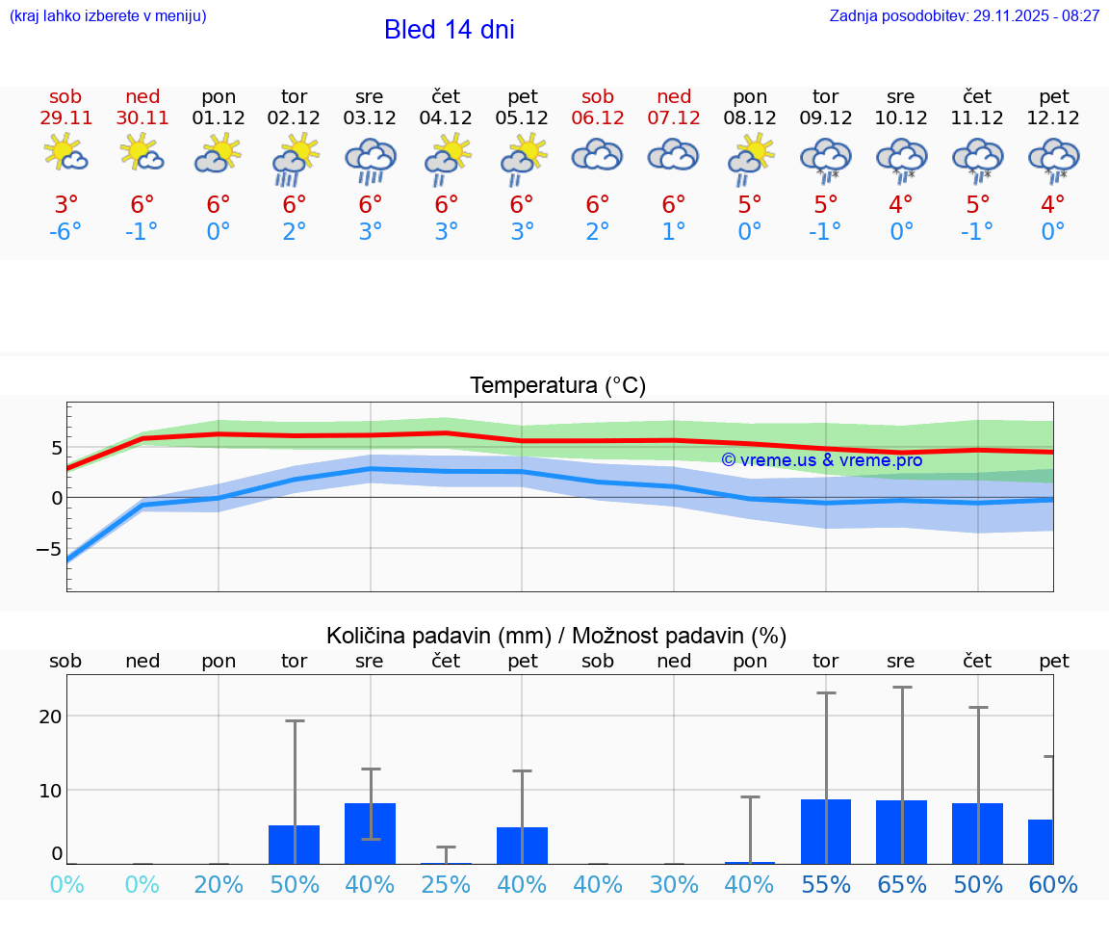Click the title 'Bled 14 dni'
[x=449, y=30]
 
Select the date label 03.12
[x=370, y=117]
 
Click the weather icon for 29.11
[x=65, y=154]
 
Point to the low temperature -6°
[x=65, y=232]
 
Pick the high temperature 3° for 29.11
[x=65, y=204]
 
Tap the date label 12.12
[x=1054, y=117]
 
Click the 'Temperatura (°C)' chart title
[x=557, y=386]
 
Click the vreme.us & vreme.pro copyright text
[x=821, y=460]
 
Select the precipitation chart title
[x=556, y=636]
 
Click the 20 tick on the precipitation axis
[x=50, y=717]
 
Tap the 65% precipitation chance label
[x=902, y=885]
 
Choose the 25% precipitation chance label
[x=446, y=885]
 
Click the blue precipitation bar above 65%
[x=902, y=832]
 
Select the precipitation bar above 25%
[x=446, y=863]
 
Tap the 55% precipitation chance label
[x=826, y=885]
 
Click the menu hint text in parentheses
[x=107, y=16]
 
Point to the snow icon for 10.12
[x=902, y=159]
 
